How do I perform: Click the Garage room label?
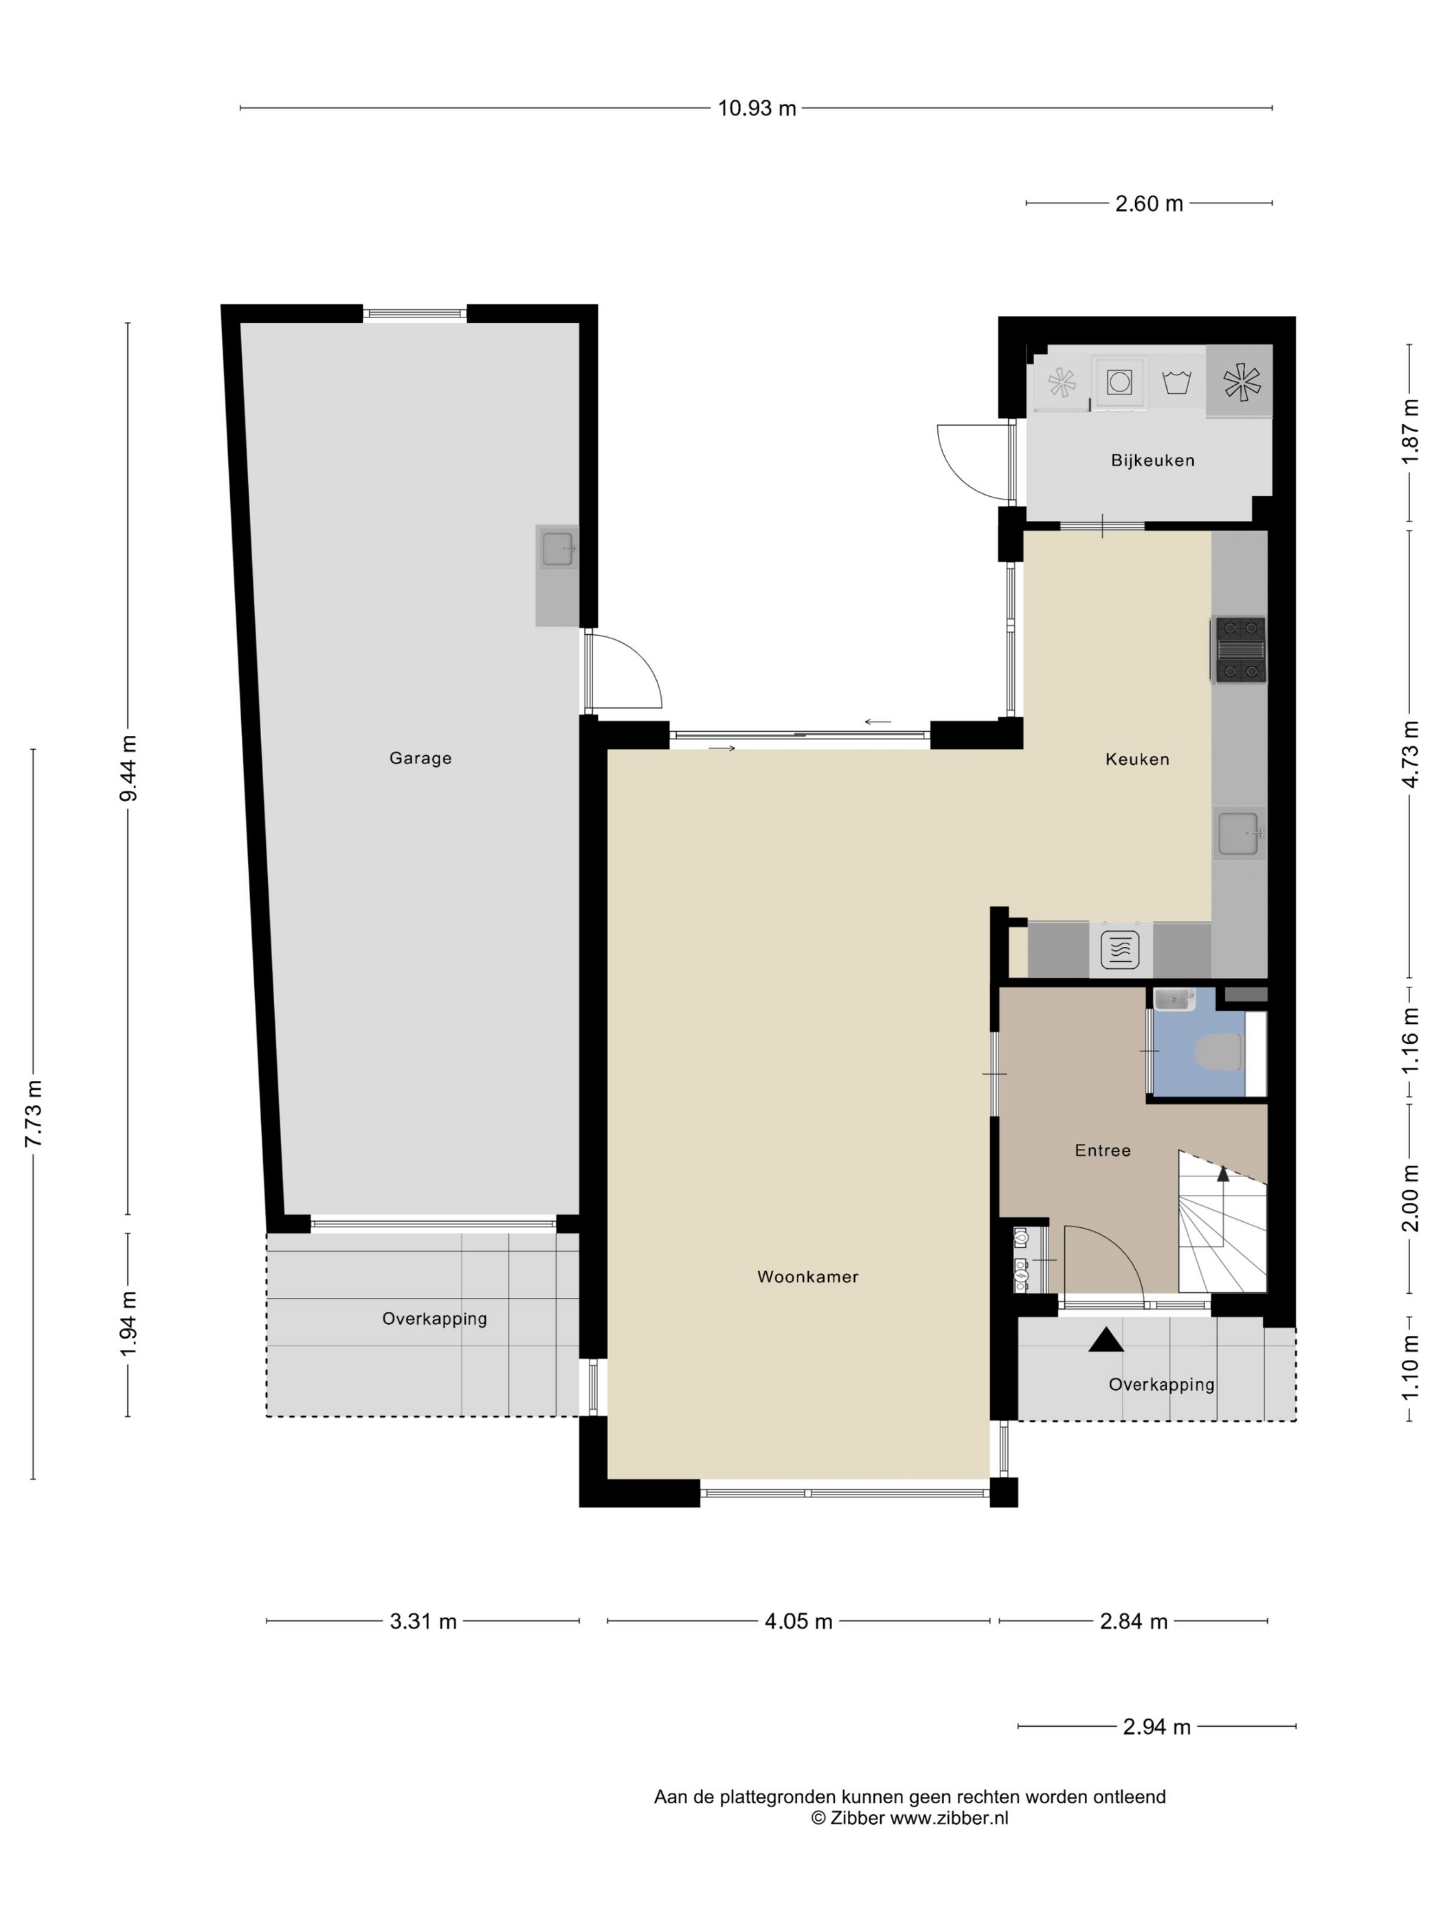(420, 758)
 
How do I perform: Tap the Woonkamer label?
(807, 1277)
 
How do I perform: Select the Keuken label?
(1137, 759)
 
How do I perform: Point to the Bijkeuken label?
(1152, 461)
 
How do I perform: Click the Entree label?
(1103, 1151)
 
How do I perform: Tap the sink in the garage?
(557, 549)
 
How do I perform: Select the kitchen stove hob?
(1240, 649)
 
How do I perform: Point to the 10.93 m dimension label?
(757, 109)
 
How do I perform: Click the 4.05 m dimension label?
(798, 1621)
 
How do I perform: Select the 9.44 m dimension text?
(128, 769)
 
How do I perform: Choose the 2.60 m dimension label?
(1149, 203)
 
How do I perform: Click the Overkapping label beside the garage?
(434, 1319)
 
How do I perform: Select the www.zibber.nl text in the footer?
(949, 1818)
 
